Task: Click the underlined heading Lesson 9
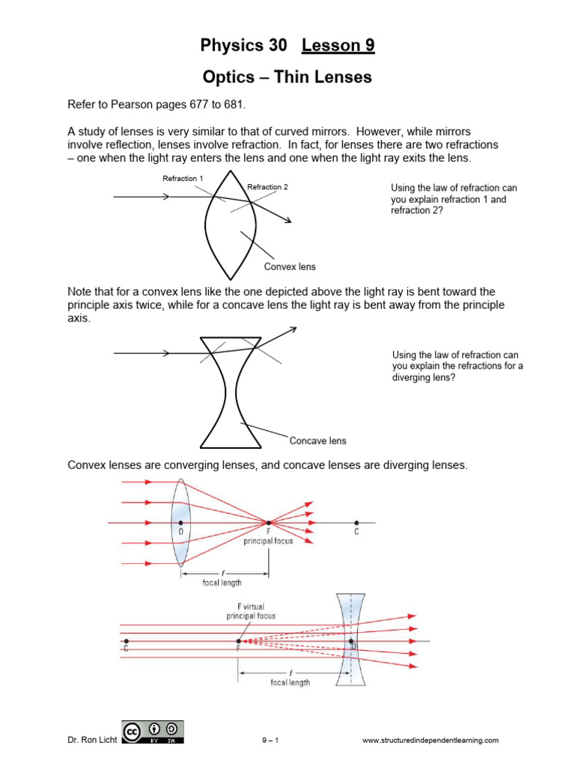pos(338,46)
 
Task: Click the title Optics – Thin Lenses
pos(287,77)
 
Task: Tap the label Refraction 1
pos(183,178)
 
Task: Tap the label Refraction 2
pos(267,186)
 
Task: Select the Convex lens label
pos(290,266)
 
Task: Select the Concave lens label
pos(317,441)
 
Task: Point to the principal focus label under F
pos(268,540)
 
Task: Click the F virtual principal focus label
pos(251,611)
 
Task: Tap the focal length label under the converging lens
pos(222,583)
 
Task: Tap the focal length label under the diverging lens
pos(290,682)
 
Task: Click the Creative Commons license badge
pos(152,732)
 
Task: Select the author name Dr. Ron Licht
pos(92,741)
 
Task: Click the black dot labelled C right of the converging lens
pos(356,522)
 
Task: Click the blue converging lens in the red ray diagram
pos(180,522)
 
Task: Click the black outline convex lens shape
pos(231,224)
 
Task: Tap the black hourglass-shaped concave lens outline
pos(231,393)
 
